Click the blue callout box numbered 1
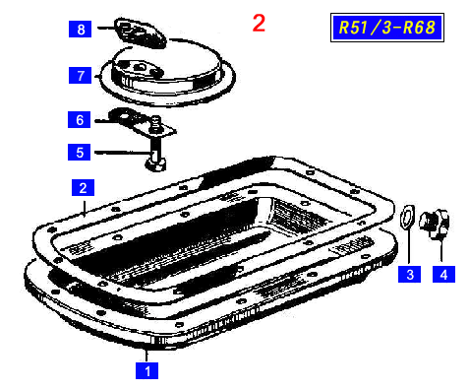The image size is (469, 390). [147, 370]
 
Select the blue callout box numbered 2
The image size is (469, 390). [83, 187]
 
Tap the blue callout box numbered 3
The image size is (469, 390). [409, 274]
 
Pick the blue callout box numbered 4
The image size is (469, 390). [443, 274]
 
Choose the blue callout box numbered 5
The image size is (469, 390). [79, 152]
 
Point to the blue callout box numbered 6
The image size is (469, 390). [79, 119]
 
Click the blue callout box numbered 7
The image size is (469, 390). [80, 75]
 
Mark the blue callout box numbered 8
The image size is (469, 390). [80, 29]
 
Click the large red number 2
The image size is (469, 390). [259, 24]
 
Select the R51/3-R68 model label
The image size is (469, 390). [387, 28]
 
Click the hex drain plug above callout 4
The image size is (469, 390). [434, 224]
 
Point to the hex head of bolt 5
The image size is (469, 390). [155, 164]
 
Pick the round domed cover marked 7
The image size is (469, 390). [168, 77]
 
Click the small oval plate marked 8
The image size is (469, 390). [141, 33]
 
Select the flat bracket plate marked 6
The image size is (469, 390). [142, 121]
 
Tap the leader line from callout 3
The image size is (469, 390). [409, 246]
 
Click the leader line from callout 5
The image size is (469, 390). [123, 153]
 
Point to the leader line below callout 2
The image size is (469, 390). [84, 208]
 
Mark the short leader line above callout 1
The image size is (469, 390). [147, 356]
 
